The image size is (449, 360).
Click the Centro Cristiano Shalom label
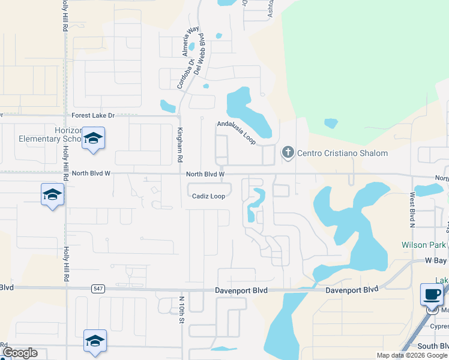point(342,153)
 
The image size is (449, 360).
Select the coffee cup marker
point(432,294)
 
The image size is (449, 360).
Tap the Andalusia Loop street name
point(237,133)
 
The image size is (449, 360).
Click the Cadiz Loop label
point(208,196)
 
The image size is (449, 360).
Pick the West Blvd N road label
point(412,210)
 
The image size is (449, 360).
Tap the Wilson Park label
point(424,245)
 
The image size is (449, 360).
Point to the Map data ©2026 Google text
point(411,355)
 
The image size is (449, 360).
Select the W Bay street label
point(437,260)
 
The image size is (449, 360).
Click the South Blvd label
point(433,346)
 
